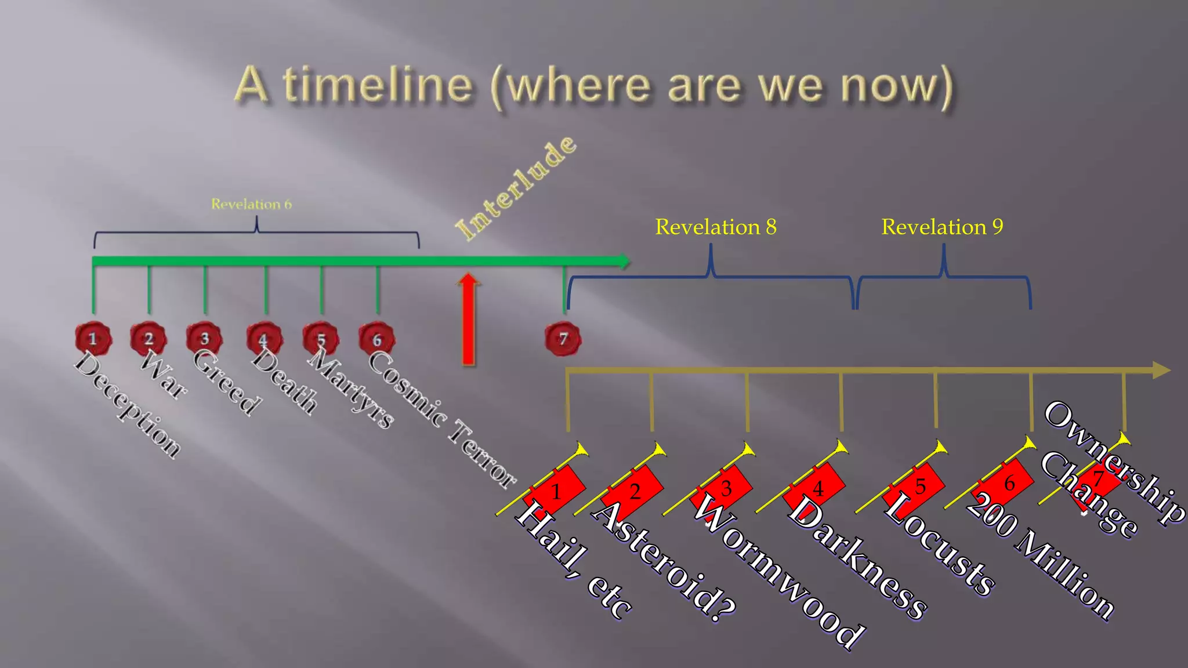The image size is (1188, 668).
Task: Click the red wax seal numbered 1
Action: [x=93, y=338]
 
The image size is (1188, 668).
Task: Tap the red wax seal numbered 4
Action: [x=265, y=339]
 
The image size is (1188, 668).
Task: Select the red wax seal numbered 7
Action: [x=563, y=339]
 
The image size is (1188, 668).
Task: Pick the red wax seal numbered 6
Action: [x=376, y=339]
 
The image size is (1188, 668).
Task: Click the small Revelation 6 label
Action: [x=251, y=204]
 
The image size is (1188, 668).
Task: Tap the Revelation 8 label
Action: [x=715, y=227]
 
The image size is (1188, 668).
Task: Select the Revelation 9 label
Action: [x=942, y=227]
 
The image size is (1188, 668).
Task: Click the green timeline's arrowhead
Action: [x=623, y=261]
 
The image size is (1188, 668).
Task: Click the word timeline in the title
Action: [x=378, y=85]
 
